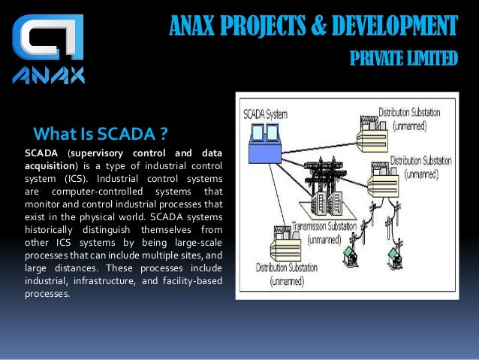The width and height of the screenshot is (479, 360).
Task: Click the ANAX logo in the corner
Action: (x=49, y=48)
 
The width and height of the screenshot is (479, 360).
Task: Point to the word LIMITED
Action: (x=434, y=58)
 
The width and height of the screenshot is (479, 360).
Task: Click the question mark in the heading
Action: (x=162, y=135)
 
